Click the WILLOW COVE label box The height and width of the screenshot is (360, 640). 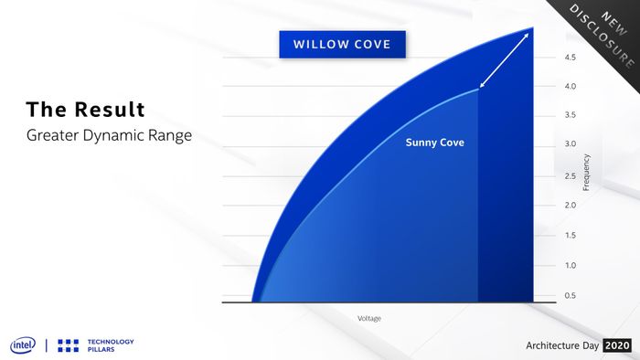click(x=343, y=44)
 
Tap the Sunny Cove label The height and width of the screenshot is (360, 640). click(x=434, y=143)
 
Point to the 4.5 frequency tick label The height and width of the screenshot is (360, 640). click(x=571, y=58)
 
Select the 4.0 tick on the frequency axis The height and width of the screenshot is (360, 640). click(x=571, y=87)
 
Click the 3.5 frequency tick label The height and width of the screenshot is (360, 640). click(x=571, y=115)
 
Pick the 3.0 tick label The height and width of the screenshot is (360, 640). click(x=571, y=144)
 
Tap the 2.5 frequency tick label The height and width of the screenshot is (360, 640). click(x=571, y=176)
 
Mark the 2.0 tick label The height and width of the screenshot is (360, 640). click(x=571, y=205)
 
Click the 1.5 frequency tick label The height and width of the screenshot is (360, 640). click(x=571, y=235)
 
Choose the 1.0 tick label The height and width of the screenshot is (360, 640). click(x=571, y=265)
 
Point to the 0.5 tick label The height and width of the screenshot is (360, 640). click(x=571, y=295)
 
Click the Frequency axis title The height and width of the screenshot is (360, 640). click(x=586, y=172)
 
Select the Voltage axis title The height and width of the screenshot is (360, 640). click(x=369, y=318)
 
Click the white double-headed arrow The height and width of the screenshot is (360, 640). click(x=504, y=60)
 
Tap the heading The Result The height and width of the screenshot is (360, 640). click(x=86, y=110)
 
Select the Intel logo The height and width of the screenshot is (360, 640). click(x=23, y=345)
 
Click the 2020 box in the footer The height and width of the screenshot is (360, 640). click(x=617, y=345)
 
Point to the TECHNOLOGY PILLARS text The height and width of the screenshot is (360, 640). click(x=111, y=345)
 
